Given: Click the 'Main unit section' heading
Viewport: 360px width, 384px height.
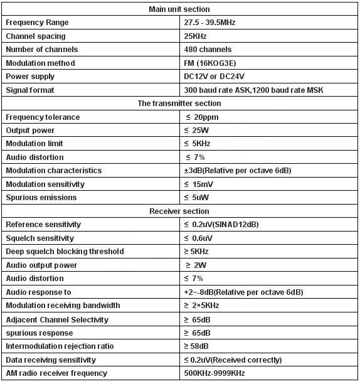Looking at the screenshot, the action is pos(179,9).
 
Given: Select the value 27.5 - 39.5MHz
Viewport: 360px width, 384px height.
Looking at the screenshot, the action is pos(209,23).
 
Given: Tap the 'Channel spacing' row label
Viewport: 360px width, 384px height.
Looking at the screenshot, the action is pos(35,36).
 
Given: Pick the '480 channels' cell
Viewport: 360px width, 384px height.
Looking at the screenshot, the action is pos(208,50).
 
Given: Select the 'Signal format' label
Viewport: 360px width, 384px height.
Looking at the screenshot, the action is pos(29,90).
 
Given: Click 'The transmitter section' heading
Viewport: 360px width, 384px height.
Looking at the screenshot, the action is pos(179,104).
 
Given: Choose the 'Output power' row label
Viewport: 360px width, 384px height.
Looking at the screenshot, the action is pos(30,131).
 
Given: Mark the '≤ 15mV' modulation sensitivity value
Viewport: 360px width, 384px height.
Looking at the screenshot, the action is pos(200,184).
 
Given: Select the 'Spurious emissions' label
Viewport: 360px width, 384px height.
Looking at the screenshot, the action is pos(41,198).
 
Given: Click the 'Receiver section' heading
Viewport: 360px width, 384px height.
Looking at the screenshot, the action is pos(179,211).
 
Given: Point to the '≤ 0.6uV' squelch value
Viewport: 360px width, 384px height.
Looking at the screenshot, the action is pos(199,238).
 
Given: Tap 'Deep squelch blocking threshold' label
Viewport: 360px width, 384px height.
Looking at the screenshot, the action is pos(65,252).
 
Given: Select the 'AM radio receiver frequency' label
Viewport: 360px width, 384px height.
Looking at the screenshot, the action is pos(56,373).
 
